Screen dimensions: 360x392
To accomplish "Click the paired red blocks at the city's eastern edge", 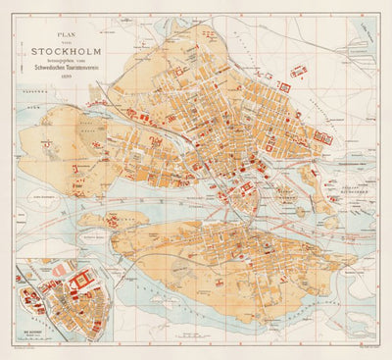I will (x=322, y=138).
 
